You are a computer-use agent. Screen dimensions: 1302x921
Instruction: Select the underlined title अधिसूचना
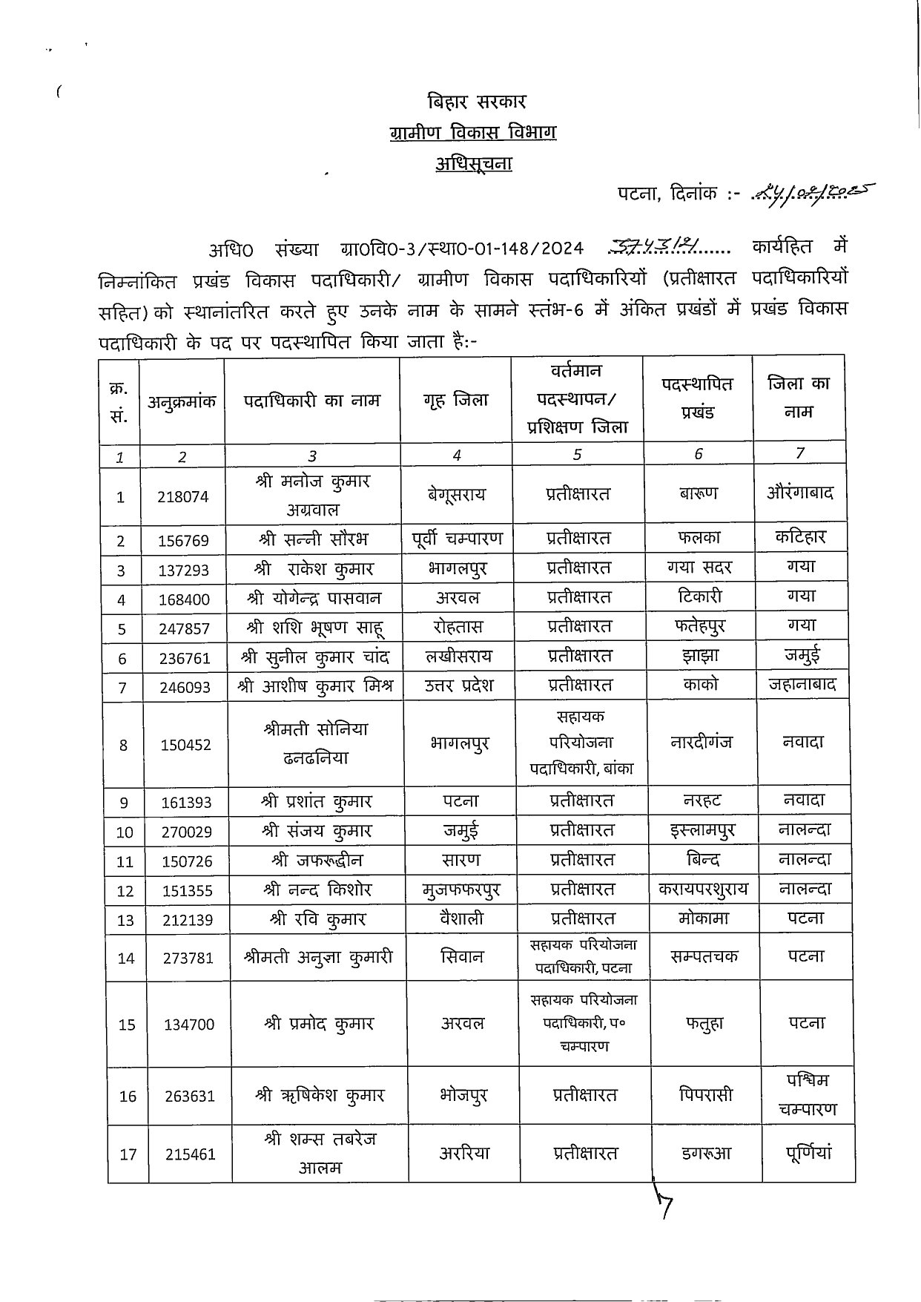pyautogui.click(x=473, y=163)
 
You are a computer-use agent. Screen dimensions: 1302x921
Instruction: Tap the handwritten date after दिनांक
pyautogui.click(x=813, y=194)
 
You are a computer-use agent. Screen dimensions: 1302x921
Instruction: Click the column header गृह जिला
pyautogui.click(x=456, y=400)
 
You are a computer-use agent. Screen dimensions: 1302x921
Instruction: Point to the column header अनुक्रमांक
pyautogui.click(x=182, y=401)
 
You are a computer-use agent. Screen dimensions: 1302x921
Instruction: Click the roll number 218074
pyautogui.click(x=183, y=497)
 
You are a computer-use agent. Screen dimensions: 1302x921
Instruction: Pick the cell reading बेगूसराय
pyautogui.click(x=456, y=495)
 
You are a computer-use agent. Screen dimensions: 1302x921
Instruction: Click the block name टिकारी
pyautogui.click(x=699, y=596)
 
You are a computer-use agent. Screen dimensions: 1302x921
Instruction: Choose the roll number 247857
pyautogui.click(x=184, y=628)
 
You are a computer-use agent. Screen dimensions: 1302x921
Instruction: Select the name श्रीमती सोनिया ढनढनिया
pyautogui.click(x=315, y=743)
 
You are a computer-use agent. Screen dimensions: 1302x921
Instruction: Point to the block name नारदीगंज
pyautogui.click(x=701, y=742)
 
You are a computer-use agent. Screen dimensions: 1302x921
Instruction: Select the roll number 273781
pyautogui.click(x=188, y=958)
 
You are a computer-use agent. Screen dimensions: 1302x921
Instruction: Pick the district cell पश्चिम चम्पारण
pyautogui.click(x=807, y=1094)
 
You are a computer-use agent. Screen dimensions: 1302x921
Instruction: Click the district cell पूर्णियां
pyautogui.click(x=808, y=1154)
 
